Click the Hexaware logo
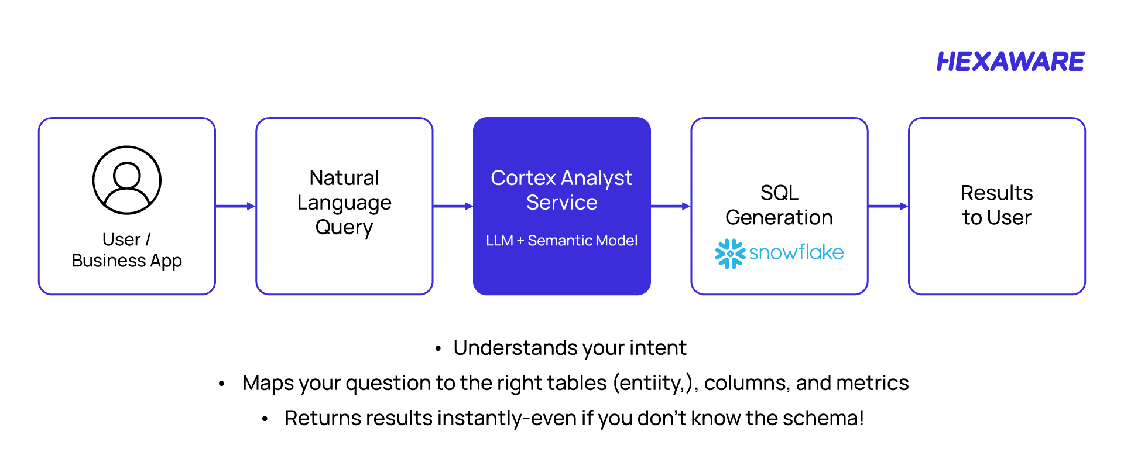pos(1010,61)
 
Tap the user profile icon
pos(127,180)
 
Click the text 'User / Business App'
pos(126,250)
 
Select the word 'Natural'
pos(344,178)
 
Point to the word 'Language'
pos(344,203)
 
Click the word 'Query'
pos(344,227)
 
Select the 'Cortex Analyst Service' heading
pos(561,190)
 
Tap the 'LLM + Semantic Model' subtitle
pos(561,241)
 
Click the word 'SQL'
pos(779,193)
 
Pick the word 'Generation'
pos(779,217)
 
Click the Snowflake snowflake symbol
pos(730,254)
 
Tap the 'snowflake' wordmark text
pos(796,252)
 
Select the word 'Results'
pos(996,193)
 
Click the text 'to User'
pos(996,217)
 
